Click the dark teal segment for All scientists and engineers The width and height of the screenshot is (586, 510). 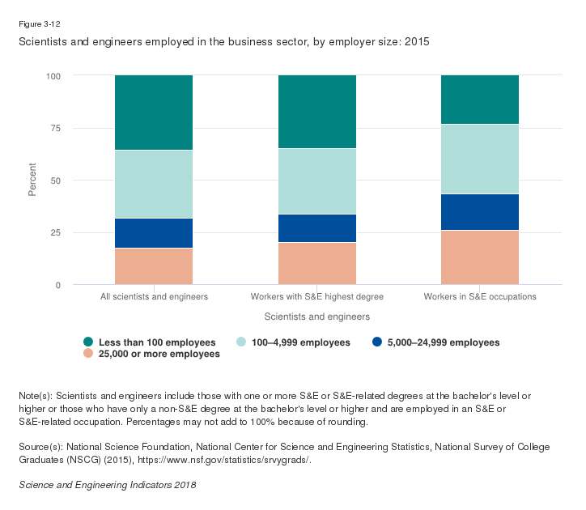click(154, 113)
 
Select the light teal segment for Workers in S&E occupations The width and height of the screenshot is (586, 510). click(480, 159)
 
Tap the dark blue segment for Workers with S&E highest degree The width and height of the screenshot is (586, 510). click(317, 228)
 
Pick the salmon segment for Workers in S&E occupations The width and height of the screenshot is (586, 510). click(480, 257)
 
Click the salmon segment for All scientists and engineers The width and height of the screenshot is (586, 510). click(154, 266)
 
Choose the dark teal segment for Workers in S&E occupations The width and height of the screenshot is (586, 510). click(480, 100)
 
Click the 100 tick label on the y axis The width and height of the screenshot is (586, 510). click(53, 75)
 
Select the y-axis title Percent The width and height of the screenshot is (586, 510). click(33, 180)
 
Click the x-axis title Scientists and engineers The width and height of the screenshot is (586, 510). click(317, 317)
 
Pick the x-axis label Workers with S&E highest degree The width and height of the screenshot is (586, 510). click(317, 297)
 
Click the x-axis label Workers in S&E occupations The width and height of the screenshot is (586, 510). click(480, 297)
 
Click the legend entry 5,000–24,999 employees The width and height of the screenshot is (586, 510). click(442, 342)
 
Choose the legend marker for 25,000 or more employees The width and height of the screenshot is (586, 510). click(88, 354)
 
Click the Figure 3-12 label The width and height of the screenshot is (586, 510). click(38, 24)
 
